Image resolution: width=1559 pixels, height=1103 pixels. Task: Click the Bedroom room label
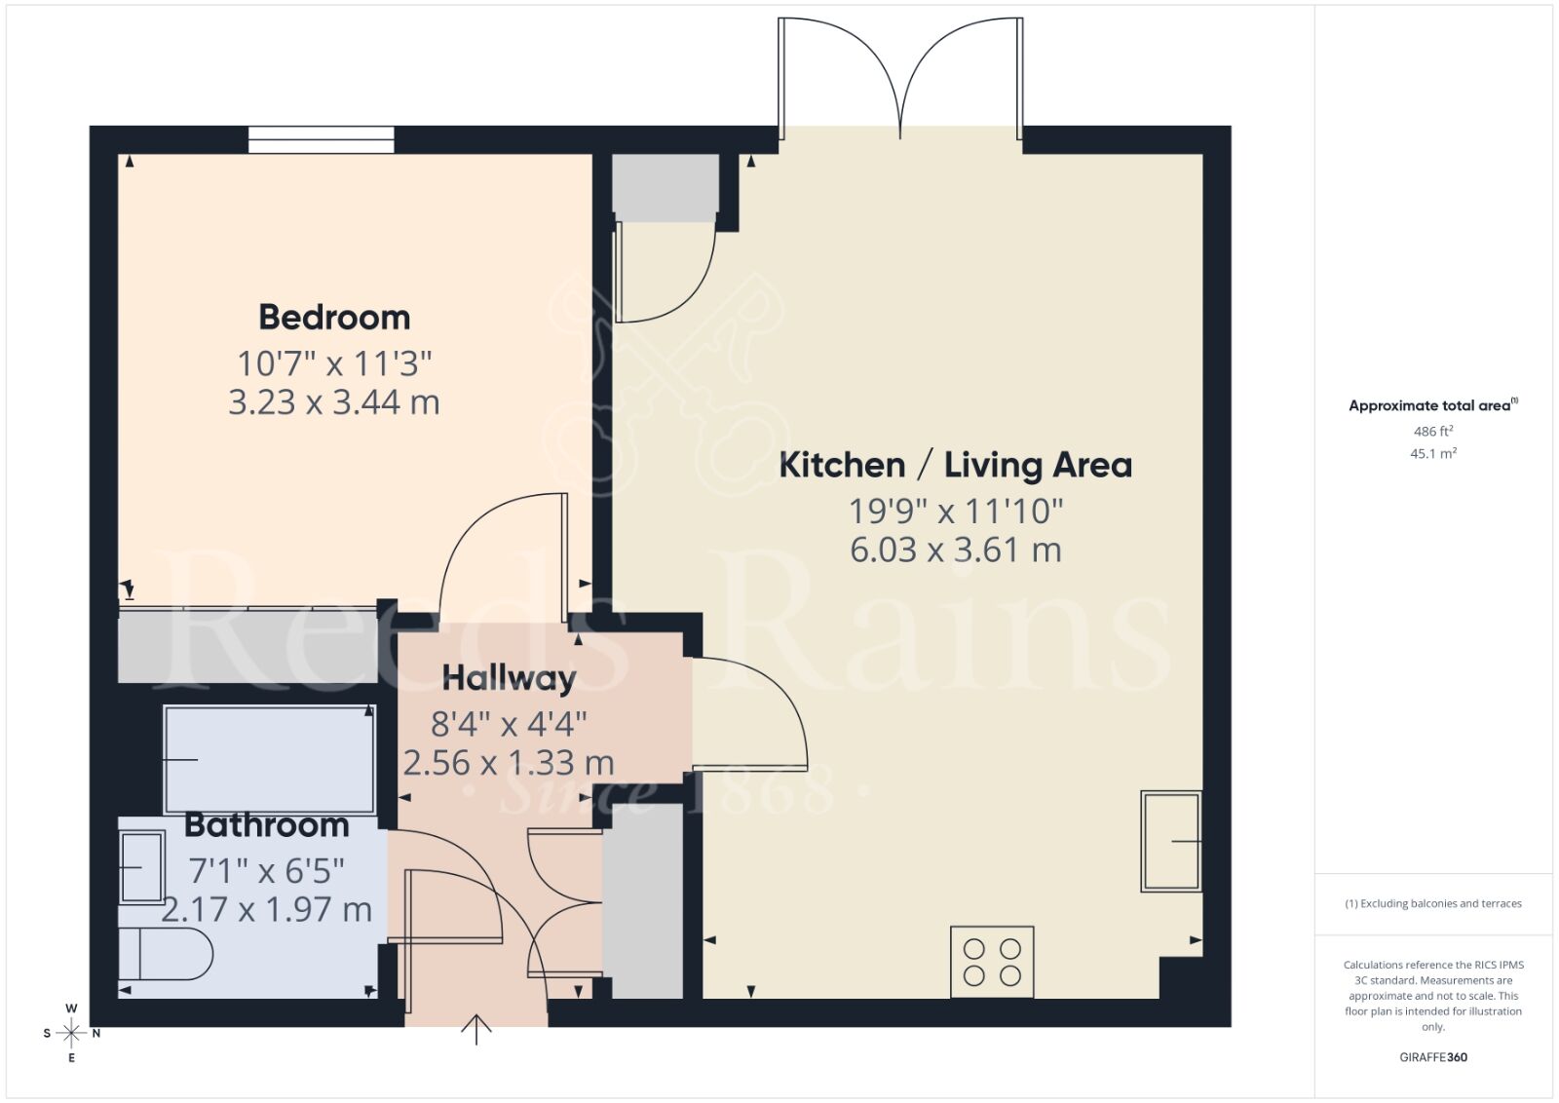pyautogui.click(x=334, y=318)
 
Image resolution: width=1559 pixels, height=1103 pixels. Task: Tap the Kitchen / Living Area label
pyautogui.click(x=955, y=465)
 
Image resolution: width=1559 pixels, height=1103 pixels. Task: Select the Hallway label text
pyautogui.click(x=509, y=678)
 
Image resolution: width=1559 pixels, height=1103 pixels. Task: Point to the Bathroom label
pyautogui.click(x=266, y=825)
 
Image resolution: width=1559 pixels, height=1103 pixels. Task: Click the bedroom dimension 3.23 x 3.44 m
pyautogui.click(x=334, y=402)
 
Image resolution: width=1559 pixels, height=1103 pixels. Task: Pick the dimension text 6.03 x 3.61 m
pyautogui.click(x=955, y=550)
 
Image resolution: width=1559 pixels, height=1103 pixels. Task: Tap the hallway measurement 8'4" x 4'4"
pyautogui.click(x=509, y=724)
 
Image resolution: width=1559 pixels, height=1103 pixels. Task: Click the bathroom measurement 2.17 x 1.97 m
pyautogui.click(x=266, y=909)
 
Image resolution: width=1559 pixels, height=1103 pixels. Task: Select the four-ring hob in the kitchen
pyautogui.click(x=992, y=962)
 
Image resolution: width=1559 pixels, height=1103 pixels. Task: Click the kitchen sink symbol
pyautogui.click(x=1170, y=841)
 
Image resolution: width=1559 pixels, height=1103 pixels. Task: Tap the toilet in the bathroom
pyautogui.click(x=165, y=954)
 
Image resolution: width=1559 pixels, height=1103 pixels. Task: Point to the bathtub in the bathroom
pyautogui.click(x=269, y=759)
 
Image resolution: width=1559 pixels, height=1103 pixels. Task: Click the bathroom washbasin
pyautogui.click(x=141, y=867)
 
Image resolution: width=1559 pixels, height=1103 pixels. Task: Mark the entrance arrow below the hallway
pyautogui.click(x=476, y=1029)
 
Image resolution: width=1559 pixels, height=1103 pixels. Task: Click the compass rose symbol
pyautogui.click(x=71, y=1033)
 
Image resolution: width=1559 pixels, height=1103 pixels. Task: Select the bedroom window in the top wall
pyautogui.click(x=321, y=140)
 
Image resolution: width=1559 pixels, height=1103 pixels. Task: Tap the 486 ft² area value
pyautogui.click(x=1433, y=431)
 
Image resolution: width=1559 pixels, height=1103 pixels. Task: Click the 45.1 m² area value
pyautogui.click(x=1433, y=453)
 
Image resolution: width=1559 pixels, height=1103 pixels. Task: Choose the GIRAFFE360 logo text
pyautogui.click(x=1433, y=1057)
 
